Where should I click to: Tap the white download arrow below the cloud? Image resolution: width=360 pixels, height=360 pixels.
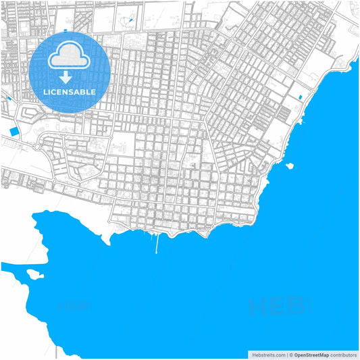70,76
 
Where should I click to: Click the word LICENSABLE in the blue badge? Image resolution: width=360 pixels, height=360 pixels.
70,91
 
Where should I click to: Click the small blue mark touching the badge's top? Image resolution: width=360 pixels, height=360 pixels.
66,30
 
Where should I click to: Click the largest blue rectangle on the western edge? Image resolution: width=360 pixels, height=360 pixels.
13,130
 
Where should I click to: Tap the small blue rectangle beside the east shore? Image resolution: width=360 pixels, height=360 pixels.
299,98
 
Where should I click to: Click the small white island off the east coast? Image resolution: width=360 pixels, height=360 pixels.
289,165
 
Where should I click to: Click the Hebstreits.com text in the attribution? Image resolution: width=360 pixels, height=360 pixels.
268,354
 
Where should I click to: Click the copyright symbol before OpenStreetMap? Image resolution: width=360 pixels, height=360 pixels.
290,354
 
